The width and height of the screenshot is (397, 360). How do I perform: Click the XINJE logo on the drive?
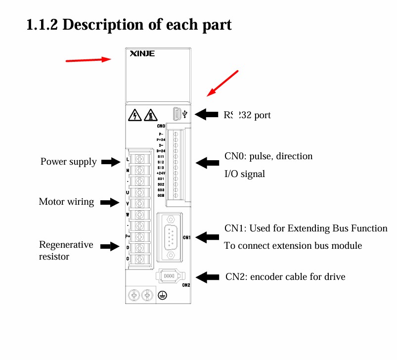[x=142, y=53]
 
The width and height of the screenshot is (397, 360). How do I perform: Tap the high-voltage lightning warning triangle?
[x=133, y=116]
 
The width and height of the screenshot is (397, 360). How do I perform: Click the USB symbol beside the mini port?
[x=185, y=114]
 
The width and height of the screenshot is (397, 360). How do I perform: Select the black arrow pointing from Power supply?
[x=110, y=162]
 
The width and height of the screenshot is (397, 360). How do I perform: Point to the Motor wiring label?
[x=66, y=202]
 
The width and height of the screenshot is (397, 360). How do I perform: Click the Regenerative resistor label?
[x=66, y=250]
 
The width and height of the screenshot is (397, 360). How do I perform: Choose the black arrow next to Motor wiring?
[x=110, y=202]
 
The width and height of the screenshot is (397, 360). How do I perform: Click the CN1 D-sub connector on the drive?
[x=171, y=237]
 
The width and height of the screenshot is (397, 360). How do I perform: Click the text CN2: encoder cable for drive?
[x=285, y=276]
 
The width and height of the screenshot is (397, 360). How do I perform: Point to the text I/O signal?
[x=245, y=174]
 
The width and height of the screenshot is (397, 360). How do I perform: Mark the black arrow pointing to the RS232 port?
[x=207, y=115]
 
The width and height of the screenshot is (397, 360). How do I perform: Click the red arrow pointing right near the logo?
[x=88, y=60]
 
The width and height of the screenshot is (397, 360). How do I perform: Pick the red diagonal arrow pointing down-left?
[x=222, y=83]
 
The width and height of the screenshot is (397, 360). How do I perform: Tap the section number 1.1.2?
[x=43, y=24]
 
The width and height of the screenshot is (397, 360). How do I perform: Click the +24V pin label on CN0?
[x=160, y=173]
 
